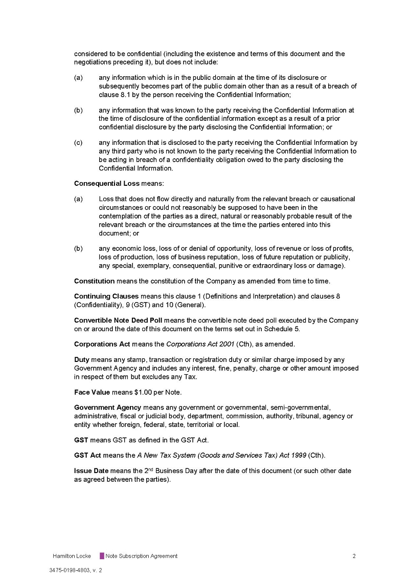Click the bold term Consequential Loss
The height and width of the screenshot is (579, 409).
[106, 183]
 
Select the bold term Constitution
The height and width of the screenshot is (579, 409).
[94, 281]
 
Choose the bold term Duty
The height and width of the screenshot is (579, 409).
[82, 360]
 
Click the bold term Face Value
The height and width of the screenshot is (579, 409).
[92, 392]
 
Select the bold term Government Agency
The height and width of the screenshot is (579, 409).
[107, 408]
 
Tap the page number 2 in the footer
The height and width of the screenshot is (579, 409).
[354, 556]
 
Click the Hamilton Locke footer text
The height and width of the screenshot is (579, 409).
[72, 556]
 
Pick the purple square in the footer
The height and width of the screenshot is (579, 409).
[102, 556]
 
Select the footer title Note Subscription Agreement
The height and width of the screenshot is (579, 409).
[142, 556]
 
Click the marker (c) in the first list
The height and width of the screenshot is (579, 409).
[78, 143]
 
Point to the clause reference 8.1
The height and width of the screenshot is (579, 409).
[105, 95]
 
